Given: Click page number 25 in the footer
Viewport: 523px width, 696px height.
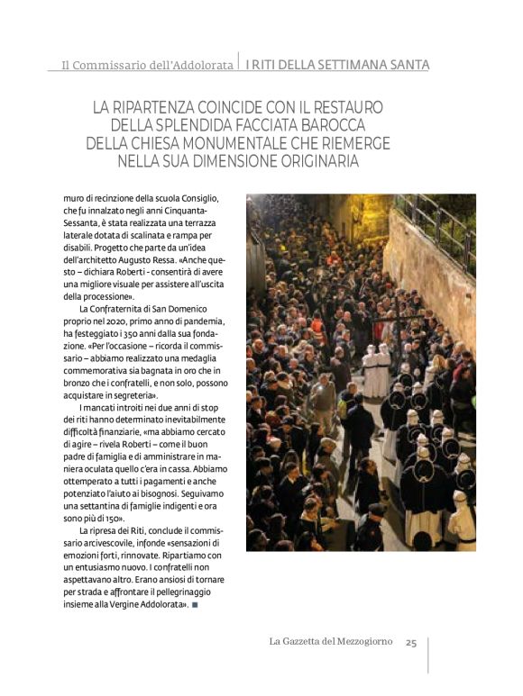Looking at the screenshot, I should (411, 642).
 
